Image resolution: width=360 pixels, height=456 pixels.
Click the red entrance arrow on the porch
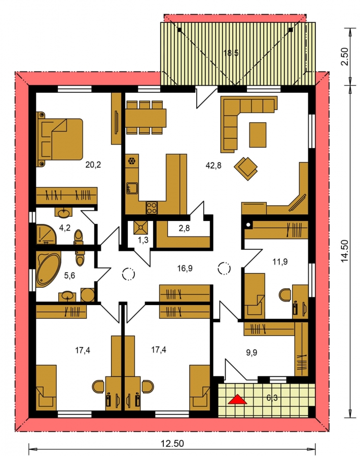(x=237, y=400)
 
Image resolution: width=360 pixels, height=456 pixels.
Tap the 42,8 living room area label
(x=213, y=166)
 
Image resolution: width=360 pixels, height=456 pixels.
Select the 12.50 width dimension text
(x=172, y=443)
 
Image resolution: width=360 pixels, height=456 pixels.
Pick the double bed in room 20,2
(x=60, y=139)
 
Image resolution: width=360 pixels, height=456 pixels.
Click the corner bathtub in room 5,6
(x=49, y=271)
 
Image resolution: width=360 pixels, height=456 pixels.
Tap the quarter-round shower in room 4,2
(x=47, y=234)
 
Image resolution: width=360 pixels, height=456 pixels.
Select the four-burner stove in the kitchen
(x=151, y=208)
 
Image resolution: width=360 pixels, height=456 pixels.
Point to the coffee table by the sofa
(x=258, y=135)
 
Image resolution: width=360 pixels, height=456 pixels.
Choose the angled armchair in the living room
(x=246, y=168)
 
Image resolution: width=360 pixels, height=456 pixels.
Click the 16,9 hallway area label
(x=185, y=268)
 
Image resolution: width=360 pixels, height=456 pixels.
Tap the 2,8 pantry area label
(x=184, y=229)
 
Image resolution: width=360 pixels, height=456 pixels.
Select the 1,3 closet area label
(x=143, y=240)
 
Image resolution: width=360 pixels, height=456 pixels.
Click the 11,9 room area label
(x=280, y=262)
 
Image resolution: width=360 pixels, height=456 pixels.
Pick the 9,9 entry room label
(x=251, y=353)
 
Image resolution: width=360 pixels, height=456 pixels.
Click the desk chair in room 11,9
(x=285, y=295)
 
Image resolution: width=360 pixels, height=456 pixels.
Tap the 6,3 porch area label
(x=272, y=397)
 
